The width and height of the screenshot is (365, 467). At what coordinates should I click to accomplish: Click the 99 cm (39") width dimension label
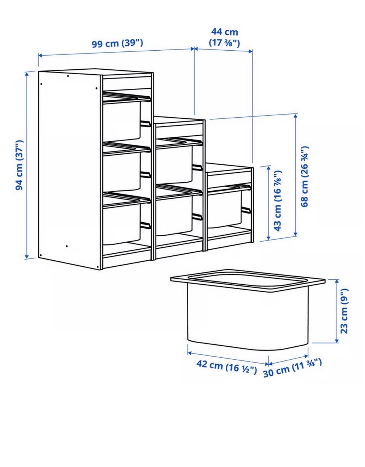tap(117, 44)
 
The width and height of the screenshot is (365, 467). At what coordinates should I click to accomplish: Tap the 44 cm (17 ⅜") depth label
tap(224, 37)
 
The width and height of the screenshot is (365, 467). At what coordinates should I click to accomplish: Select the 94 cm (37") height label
tap(19, 165)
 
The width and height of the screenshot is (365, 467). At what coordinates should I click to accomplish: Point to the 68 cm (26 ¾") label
tap(304, 177)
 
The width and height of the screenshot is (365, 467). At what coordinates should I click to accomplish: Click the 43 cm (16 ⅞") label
tap(278, 201)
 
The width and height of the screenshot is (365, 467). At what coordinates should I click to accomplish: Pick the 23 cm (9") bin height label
tap(344, 311)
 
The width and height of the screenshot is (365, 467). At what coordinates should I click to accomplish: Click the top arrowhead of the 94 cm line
tap(27, 75)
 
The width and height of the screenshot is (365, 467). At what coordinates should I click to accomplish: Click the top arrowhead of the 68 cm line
tap(296, 116)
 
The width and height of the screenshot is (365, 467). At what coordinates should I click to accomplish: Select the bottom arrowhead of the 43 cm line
tap(268, 238)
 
